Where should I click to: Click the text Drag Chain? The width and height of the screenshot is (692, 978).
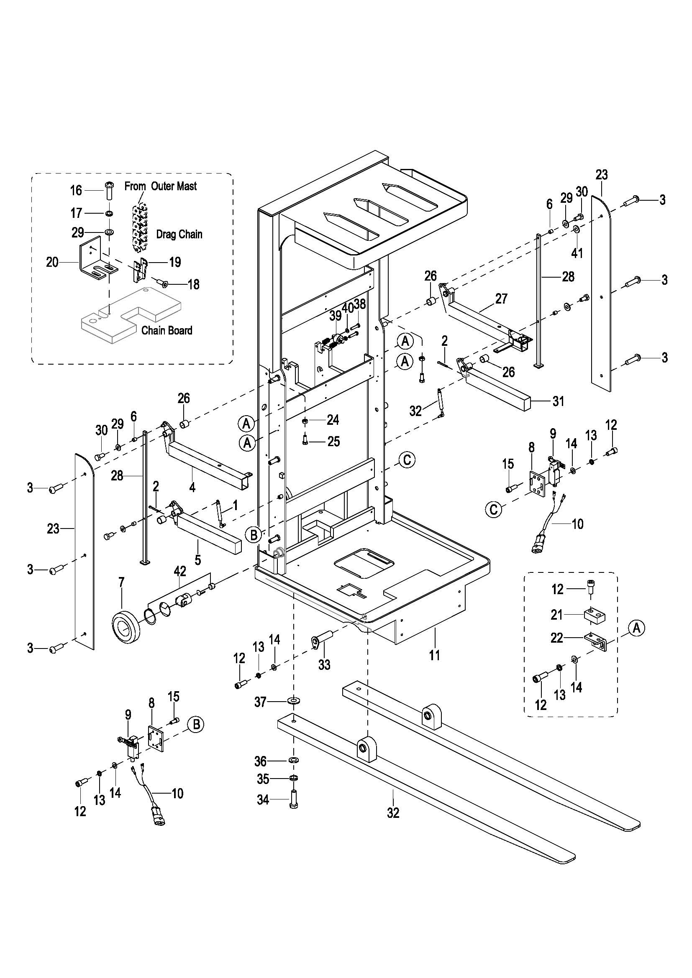click(179, 234)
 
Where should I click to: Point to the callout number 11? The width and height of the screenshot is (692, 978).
click(434, 655)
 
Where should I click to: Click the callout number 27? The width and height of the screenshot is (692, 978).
click(502, 299)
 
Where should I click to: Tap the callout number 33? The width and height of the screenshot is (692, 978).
click(324, 664)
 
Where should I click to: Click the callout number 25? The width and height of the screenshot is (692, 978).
click(333, 441)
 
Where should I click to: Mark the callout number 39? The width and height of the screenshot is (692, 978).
click(336, 316)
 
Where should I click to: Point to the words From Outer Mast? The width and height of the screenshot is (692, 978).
click(161, 186)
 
